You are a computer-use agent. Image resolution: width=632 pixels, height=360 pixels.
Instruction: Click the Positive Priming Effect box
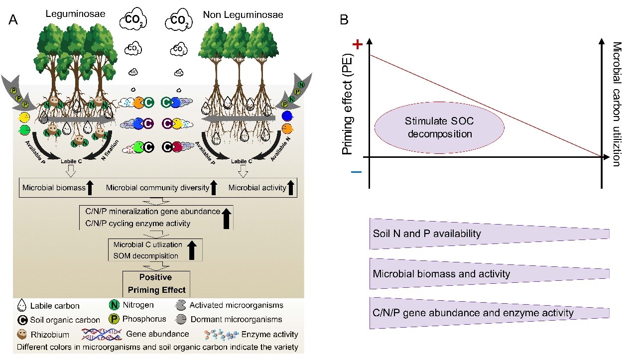[156, 283]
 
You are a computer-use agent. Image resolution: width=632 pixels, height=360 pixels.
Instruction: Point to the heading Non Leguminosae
[243, 15]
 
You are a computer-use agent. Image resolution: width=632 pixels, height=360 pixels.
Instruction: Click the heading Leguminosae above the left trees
[82, 14]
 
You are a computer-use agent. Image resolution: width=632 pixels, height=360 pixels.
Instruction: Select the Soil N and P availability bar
[489, 234]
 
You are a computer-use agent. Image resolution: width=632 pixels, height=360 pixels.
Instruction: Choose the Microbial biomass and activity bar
[489, 273]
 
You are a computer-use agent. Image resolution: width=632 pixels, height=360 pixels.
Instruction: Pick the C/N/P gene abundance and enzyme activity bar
[489, 313]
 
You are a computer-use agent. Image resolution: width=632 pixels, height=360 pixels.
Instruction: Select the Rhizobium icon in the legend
[22, 334]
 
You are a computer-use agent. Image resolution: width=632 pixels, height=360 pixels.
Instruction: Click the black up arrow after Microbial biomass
[90, 188]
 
